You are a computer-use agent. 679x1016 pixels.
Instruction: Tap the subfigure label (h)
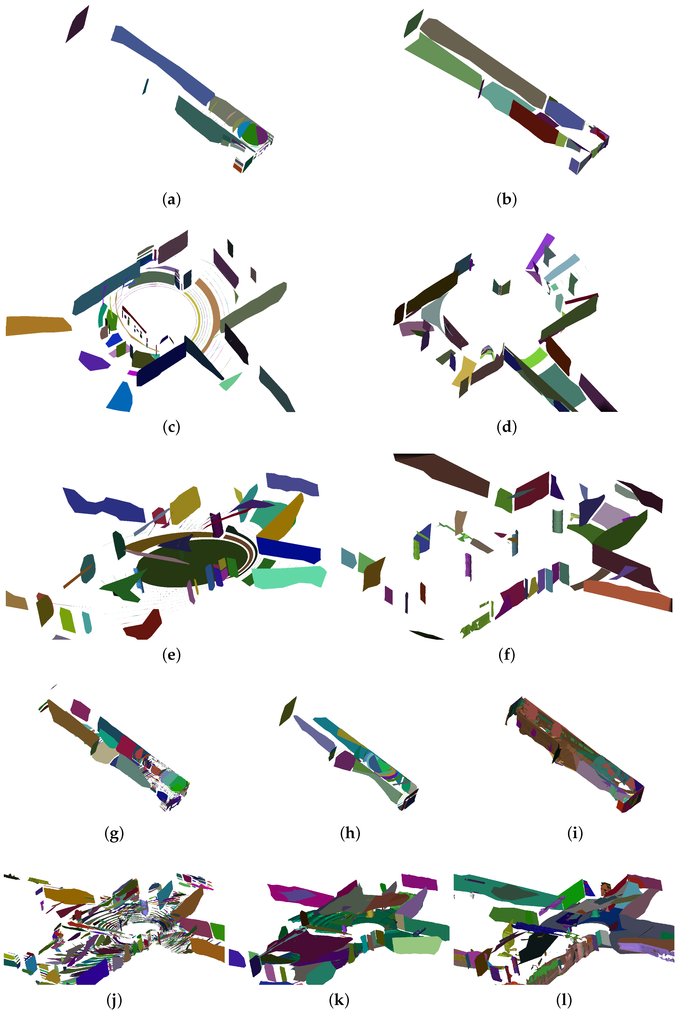point(350,833)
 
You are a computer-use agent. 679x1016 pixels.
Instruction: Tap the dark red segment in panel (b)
point(533,121)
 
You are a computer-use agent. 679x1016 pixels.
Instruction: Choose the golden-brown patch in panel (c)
point(37,325)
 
